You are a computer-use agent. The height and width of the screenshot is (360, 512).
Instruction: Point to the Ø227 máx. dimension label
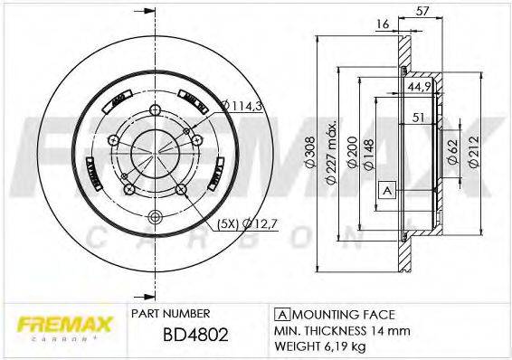coord(332,154)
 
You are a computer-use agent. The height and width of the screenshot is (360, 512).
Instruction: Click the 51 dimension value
coord(418,116)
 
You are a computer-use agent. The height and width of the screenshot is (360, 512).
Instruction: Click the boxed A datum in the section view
coord(386,191)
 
